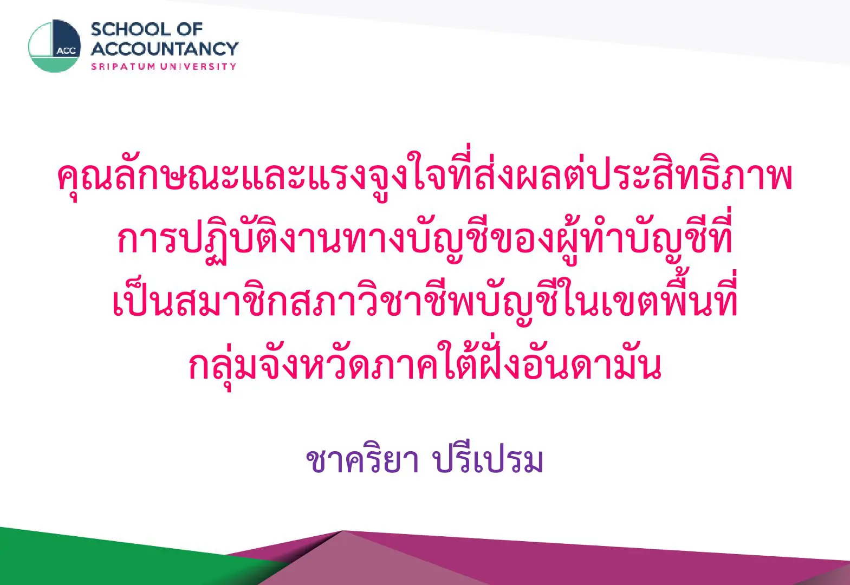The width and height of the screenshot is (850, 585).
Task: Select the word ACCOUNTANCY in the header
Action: point(165,49)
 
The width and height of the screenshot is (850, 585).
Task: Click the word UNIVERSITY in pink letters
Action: point(198,67)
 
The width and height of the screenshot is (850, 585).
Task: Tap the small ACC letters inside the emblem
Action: point(66,51)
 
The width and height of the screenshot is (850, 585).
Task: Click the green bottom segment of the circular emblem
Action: point(55,64)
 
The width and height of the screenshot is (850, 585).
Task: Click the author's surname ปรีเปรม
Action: point(488,459)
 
